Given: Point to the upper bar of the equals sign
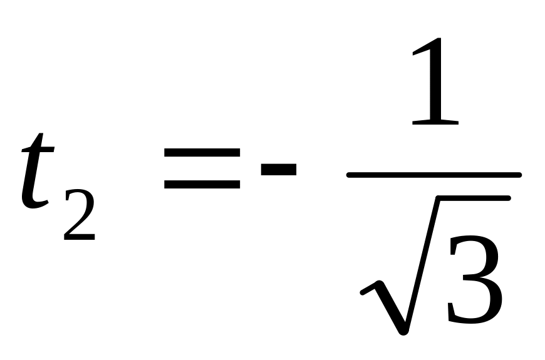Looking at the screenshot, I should click(202, 152).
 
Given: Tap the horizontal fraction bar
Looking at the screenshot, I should click(433, 175).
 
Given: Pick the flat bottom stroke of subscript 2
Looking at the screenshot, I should click(80, 238).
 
